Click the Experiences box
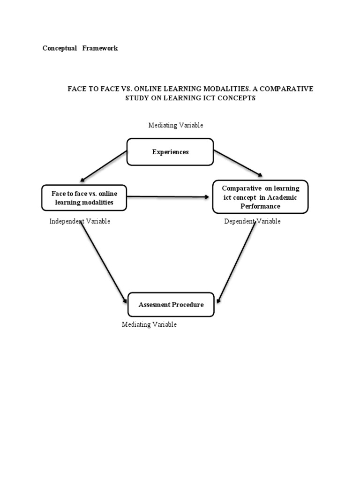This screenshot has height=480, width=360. click(x=170, y=152)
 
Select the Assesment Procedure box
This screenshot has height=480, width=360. click(x=171, y=305)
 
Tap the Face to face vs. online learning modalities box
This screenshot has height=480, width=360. click(x=84, y=198)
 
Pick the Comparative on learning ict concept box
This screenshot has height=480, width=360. click(x=261, y=197)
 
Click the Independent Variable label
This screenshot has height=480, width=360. click(x=80, y=221)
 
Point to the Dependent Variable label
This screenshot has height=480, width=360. click(x=252, y=221)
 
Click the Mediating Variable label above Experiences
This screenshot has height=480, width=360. click(x=176, y=125)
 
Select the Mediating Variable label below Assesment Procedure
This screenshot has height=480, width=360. click(x=149, y=324)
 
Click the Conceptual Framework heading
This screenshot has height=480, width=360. click(x=80, y=48)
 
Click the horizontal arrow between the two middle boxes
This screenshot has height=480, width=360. click(x=169, y=197)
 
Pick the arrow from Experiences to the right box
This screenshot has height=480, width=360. click(x=238, y=163)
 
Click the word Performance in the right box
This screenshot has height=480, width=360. click(x=261, y=206)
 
